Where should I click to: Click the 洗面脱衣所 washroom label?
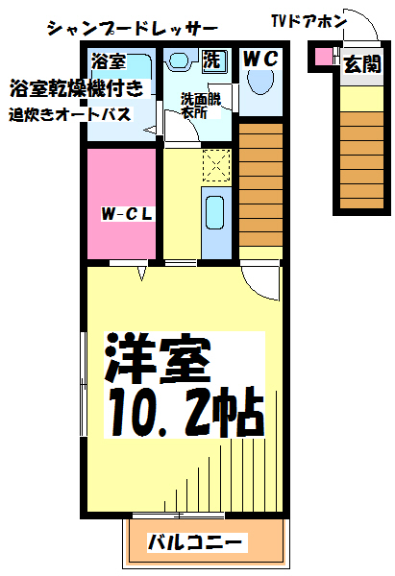(x=199, y=106)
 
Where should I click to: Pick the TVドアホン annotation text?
(x=305, y=20)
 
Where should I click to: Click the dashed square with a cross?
(x=217, y=167)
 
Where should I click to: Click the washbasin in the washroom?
(x=180, y=60)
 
